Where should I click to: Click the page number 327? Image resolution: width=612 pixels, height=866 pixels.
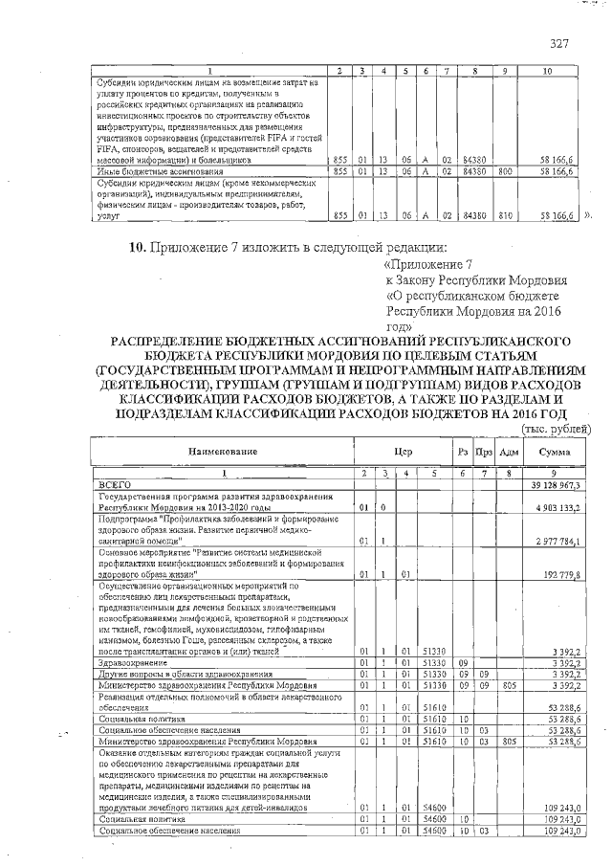(x=559, y=43)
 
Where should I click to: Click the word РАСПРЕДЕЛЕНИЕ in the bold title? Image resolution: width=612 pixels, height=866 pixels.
(x=174, y=342)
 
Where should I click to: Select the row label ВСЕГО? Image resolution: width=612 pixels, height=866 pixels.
(x=116, y=485)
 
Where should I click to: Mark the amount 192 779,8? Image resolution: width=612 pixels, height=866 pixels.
(x=567, y=574)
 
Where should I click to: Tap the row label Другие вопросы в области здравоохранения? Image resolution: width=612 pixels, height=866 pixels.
(x=178, y=674)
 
